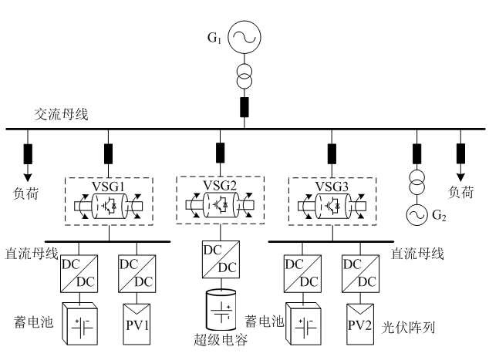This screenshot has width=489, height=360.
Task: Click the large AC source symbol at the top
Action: [244, 38]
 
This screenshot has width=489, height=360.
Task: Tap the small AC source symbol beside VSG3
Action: [417, 215]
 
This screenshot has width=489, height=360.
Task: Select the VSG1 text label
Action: [108, 187]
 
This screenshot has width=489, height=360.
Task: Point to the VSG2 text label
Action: [220, 185]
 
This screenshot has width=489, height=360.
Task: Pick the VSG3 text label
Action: [332, 187]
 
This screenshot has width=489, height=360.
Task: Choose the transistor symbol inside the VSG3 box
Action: [333, 206]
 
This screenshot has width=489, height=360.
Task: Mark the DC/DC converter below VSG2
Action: [221, 259]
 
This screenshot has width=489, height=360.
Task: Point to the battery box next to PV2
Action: [302, 324]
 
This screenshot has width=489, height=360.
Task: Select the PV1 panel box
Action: [137, 322]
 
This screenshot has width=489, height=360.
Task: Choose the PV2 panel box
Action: [359, 322]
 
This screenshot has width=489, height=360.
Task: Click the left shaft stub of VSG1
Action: [81, 207]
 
